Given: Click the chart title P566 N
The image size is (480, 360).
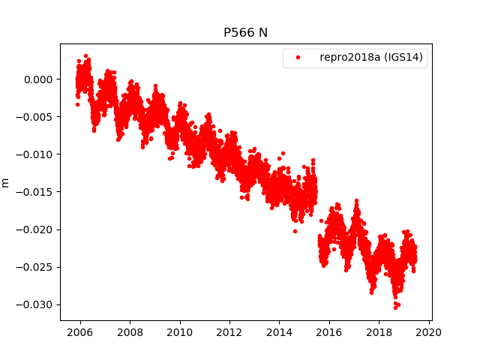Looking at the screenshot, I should tap(246, 33).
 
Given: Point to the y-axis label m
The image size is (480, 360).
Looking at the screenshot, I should tap(6, 182).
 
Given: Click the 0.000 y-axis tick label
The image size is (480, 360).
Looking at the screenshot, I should tap(37, 79).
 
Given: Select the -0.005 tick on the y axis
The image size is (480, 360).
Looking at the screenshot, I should tap(35, 117).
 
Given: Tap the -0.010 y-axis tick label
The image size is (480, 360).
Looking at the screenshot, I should tap(35, 154).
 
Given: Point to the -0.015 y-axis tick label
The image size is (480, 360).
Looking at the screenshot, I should tap(35, 192).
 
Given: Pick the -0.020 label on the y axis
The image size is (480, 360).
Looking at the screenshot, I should tap(35, 229).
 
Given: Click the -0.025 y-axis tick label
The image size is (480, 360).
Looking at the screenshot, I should tap(35, 267).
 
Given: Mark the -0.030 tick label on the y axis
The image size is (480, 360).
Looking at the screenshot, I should tap(35, 304).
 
